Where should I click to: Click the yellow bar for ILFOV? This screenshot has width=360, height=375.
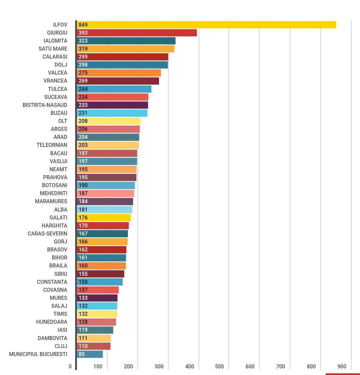pyautogui.click(x=207, y=25)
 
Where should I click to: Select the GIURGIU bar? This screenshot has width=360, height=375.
pyautogui.click(x=137, y=33)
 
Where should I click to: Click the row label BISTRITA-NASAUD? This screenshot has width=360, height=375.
pyautogui.click(x=45, y=105)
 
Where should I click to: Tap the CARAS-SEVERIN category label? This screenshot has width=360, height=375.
pyautogui.click(x=48, y=233)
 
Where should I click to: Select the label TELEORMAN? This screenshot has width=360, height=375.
pyautogui.click(x=52, y=145)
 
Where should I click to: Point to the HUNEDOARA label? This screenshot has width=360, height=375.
pyautogui.click(x=52, y=322)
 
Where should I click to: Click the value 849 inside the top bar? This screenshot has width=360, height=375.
pyautogui.click(x=83, y=25)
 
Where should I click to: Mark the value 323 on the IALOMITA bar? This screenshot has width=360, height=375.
pyautogui.click(x=83, y=41)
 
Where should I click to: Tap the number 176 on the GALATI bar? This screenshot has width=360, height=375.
pyautogui.click(x=83, y=217)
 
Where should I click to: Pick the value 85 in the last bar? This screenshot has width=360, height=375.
pyautogui.click(x=82, y=354)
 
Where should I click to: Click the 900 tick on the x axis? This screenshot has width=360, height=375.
pyautogui.click(x=342, y=366)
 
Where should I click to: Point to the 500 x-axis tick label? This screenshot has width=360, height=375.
pyautogui.click(x=219, y=366)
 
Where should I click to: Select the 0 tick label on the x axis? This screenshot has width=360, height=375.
pyautogui.click(x=70, y=366)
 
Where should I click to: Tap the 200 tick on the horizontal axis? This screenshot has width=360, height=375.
pyautogui.click(x=128, y=366)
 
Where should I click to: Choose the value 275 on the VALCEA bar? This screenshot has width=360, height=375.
pyautogui.click(x=83, y=73)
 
